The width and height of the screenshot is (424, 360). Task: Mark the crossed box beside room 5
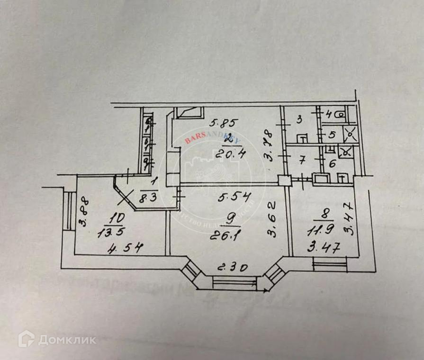coord(351,135)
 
